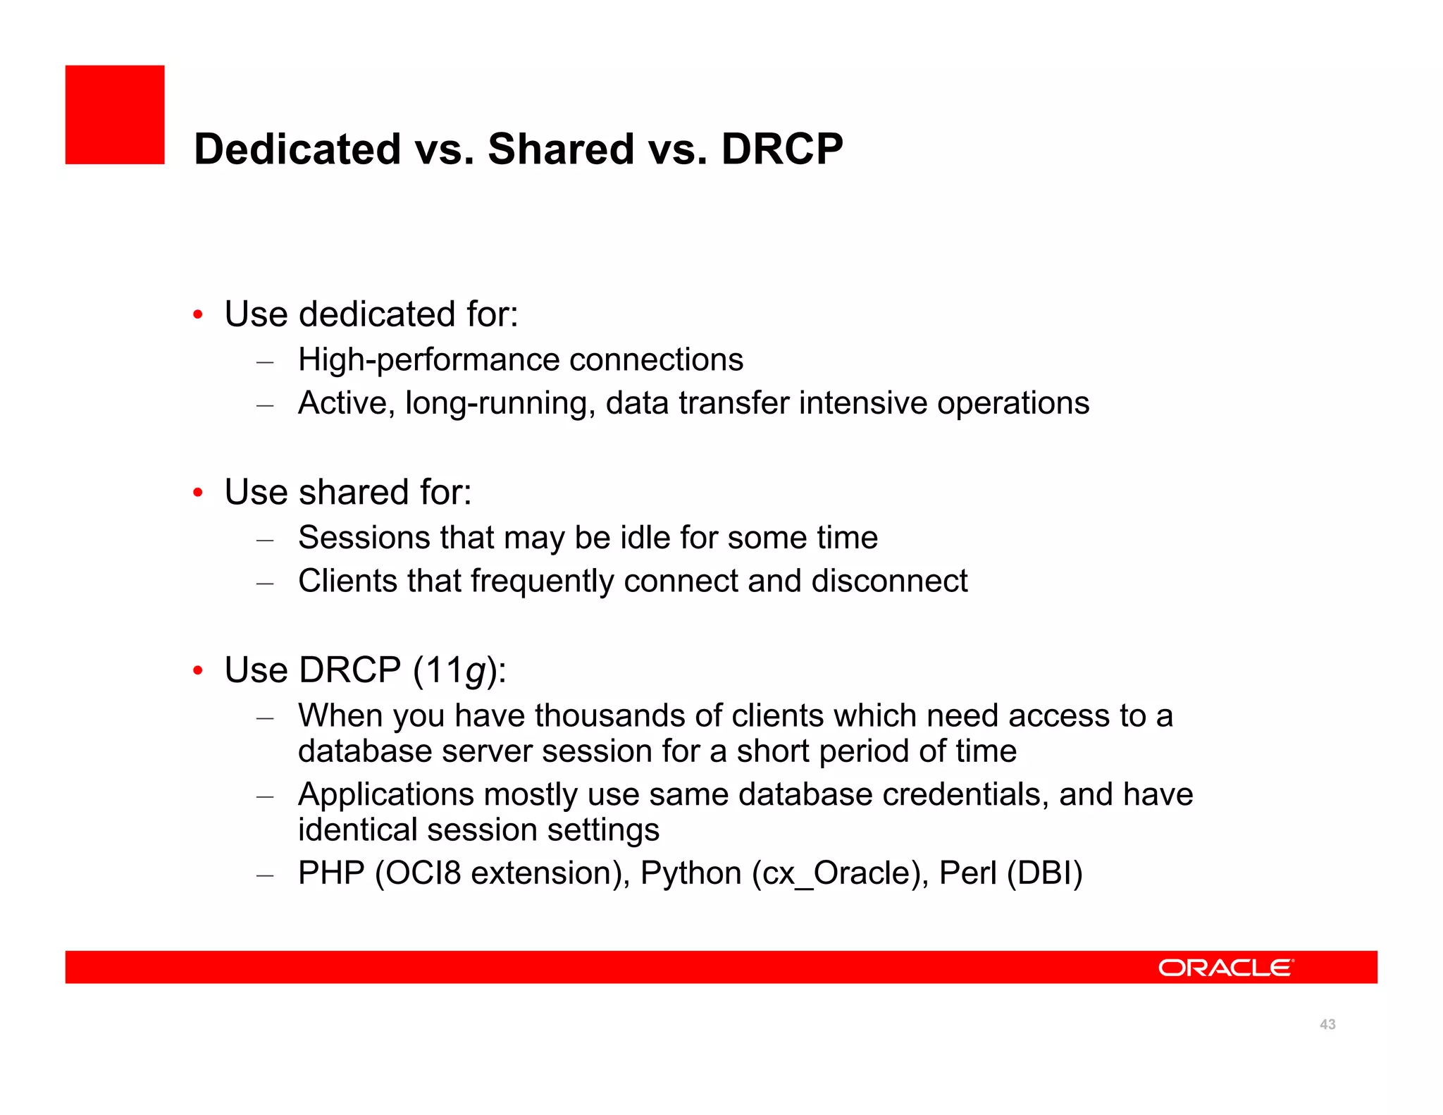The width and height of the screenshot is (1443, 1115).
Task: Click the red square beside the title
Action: coord(115,115)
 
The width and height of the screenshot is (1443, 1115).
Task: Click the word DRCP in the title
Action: coord(781,149)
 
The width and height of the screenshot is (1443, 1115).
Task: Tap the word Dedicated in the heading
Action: coord(297,149)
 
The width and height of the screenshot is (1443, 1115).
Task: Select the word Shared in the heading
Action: coord(561,149)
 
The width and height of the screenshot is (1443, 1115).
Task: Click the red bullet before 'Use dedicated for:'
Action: coord(199,315)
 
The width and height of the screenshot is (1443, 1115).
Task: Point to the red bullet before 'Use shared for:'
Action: coord(199,493)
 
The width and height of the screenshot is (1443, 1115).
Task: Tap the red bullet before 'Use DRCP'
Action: coord(199,671)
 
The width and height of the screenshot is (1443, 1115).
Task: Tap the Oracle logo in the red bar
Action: coord(1225,968)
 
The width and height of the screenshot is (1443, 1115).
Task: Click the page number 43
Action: coord(1327,1025)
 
